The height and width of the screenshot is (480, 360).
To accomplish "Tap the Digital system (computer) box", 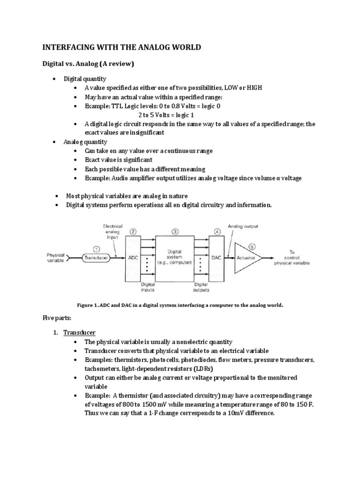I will [x=174, y=257].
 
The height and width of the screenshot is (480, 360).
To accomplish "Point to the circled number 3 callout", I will [x=175, y=231].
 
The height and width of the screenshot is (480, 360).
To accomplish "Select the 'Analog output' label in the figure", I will [x=243, y=226].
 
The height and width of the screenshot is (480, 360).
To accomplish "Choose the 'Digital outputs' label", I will [x=202, y=286].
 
